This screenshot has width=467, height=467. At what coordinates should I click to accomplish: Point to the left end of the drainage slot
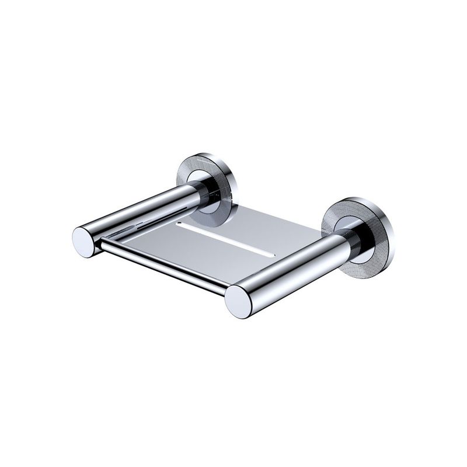181,224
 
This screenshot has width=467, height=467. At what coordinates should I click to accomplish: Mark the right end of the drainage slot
271,254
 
